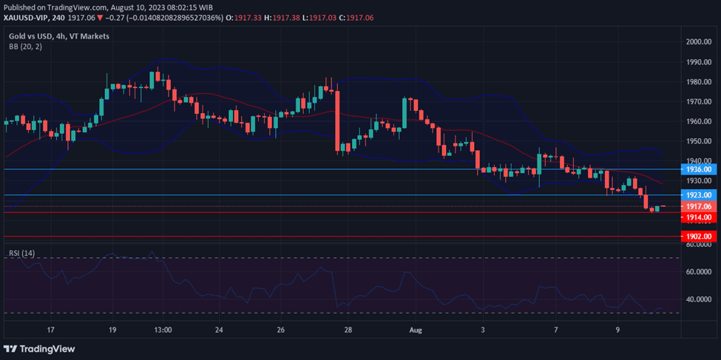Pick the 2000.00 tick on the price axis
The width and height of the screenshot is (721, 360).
(x=698, y=42)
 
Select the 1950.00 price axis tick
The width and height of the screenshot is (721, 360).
(x=698, y=141)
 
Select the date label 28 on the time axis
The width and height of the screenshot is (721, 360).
(x=348, y=330)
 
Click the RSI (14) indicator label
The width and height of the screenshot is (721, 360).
(x=22, y=254)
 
